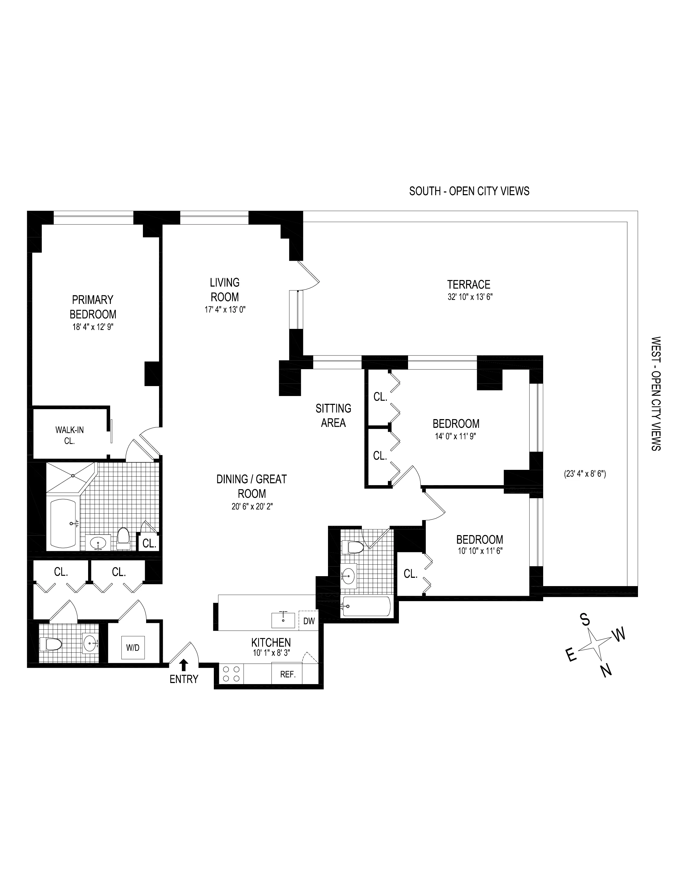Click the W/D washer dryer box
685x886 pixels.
click(x=132, y=648)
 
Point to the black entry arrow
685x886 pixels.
click(x=184, y=664)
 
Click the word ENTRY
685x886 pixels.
click(x=184, y=679)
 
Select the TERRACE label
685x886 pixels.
click(x=469, y=284)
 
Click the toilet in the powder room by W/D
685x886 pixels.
click(x=50, y=644)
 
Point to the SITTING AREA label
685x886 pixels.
click(x=333, y=415)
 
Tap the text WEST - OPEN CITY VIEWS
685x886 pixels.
click(x=656, y=394)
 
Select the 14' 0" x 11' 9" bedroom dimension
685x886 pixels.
click(x=456, y=437)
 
